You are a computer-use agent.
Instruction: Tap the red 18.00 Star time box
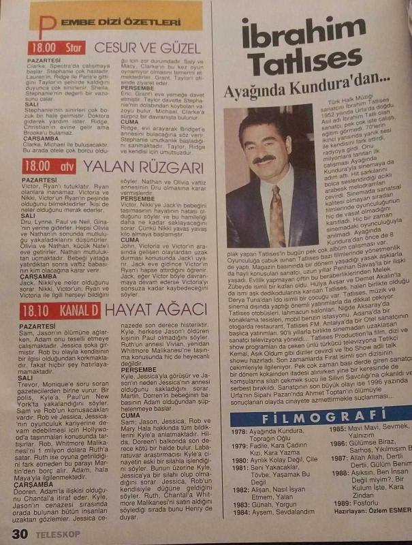54,48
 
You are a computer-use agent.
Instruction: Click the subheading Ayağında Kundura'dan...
323,87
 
